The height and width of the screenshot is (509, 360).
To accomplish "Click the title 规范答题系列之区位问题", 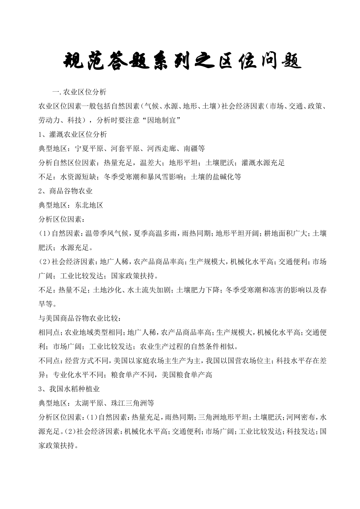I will pyautogui.click(x=182, y=61).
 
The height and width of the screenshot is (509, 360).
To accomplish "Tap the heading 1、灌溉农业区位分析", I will pyautogui.click(x=73, y=134).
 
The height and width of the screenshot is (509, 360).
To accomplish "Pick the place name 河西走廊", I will pyautogui.click(x=162, y=148).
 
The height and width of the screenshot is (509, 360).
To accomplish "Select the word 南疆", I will pyautogui.click(x=191, y=148).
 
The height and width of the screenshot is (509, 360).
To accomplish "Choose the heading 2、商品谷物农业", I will pyautogui.click(x=66, y=191).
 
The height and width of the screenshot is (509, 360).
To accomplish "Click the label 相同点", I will pyautogui.click(x=49, y=333).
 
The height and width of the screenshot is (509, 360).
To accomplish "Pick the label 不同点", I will pyautogui.click(x=49, y=361).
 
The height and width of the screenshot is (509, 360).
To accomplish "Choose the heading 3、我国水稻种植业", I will pyautogui.click(x=69, y=389).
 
